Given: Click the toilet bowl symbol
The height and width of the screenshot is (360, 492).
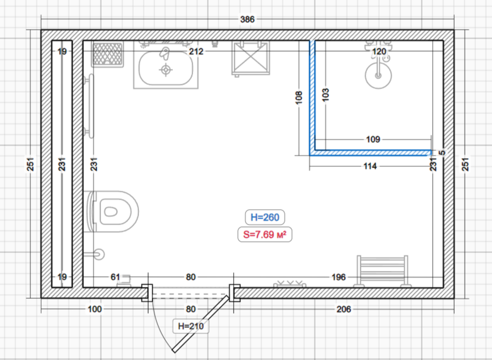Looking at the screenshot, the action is (113, 211).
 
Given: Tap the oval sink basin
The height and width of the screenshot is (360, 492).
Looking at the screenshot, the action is (166, 68).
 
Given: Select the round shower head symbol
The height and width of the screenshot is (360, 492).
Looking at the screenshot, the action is (379, 75).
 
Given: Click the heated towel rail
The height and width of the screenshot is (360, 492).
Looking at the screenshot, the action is (382, 271).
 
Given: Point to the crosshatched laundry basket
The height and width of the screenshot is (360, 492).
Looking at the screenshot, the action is (108, 54).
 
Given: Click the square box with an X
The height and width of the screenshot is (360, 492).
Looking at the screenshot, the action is (251, 58).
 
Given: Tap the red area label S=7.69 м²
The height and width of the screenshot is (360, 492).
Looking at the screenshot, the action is (265, 234).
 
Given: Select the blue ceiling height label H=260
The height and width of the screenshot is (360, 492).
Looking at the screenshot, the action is (265, 217).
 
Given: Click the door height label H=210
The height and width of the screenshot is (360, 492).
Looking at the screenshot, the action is (191, 326).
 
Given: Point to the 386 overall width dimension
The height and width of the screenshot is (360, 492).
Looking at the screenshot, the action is (247, 20).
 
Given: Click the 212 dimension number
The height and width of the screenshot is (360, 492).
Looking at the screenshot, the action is (196, 51).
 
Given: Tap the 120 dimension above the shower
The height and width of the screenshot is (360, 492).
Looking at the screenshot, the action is (379, 51).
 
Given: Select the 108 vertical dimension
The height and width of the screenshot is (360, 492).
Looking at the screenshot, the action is (299, 97).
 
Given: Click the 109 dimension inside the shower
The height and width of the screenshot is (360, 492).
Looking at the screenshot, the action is (373, 139).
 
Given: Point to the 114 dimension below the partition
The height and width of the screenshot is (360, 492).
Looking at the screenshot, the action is (370, 166).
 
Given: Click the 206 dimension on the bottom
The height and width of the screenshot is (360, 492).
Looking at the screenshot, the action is (344, 309).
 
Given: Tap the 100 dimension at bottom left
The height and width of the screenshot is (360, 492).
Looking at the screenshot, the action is (94, 309).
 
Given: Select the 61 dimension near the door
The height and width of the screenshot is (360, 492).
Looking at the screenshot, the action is (115, 277).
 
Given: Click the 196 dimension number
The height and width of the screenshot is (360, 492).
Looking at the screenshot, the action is (339, 277).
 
